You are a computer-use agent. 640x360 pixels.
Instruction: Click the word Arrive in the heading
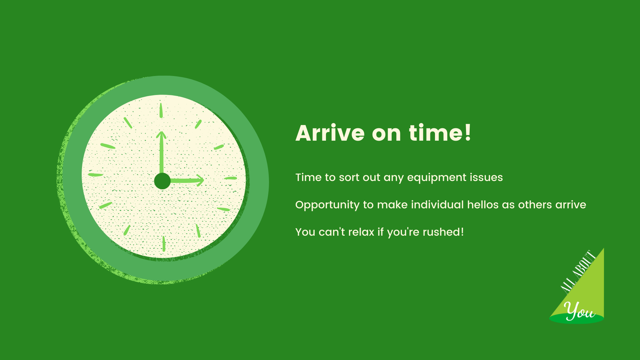coord(330,133)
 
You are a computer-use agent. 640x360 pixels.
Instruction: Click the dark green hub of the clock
coord(162,181)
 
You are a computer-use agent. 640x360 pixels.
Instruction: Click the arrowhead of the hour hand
coord(200,180)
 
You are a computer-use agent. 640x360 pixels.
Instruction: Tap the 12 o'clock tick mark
coord(161,110)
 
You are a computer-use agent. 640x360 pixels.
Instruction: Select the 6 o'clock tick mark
coord(164,244)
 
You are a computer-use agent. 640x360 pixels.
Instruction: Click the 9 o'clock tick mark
coord(95,175)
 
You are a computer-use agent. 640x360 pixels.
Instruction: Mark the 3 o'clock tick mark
coord(230,178)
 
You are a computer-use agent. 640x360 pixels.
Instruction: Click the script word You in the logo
coord(580,311)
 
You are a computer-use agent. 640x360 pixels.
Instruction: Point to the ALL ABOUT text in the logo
coord(578,272)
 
